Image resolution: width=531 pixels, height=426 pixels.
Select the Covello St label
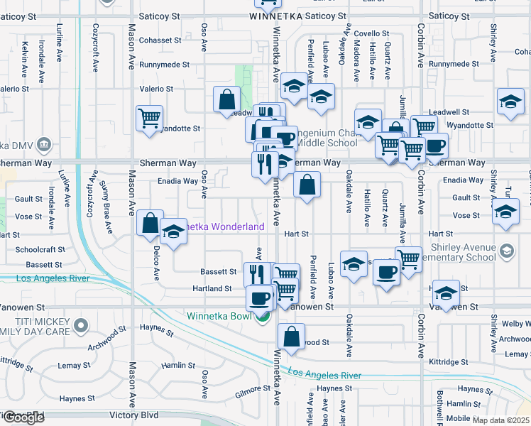[x=368, y=33]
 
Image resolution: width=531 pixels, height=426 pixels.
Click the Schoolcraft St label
[x=40, y=250]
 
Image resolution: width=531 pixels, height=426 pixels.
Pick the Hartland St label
[x=212, y=289]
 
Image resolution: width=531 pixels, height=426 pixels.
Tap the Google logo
[x=23, y=418]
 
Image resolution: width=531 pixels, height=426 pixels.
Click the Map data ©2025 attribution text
[x=501, y=420]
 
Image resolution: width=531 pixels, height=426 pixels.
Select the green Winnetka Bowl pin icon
[x=263, y=316]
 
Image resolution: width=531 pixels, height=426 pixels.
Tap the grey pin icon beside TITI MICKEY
[x=81, y=326]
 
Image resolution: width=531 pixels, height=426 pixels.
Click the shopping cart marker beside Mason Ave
[x=149, y=119]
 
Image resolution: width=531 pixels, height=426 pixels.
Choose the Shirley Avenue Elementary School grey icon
[x=507, y=250]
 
